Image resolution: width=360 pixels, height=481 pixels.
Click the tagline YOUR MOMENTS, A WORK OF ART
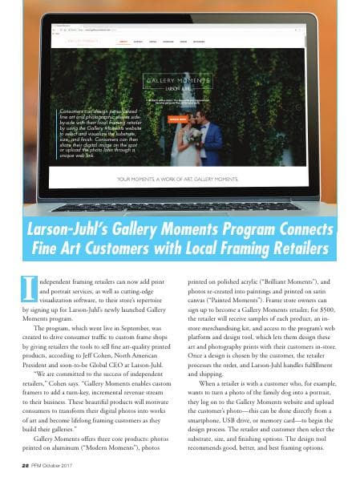pyautogui.click(x=178, y=179)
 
